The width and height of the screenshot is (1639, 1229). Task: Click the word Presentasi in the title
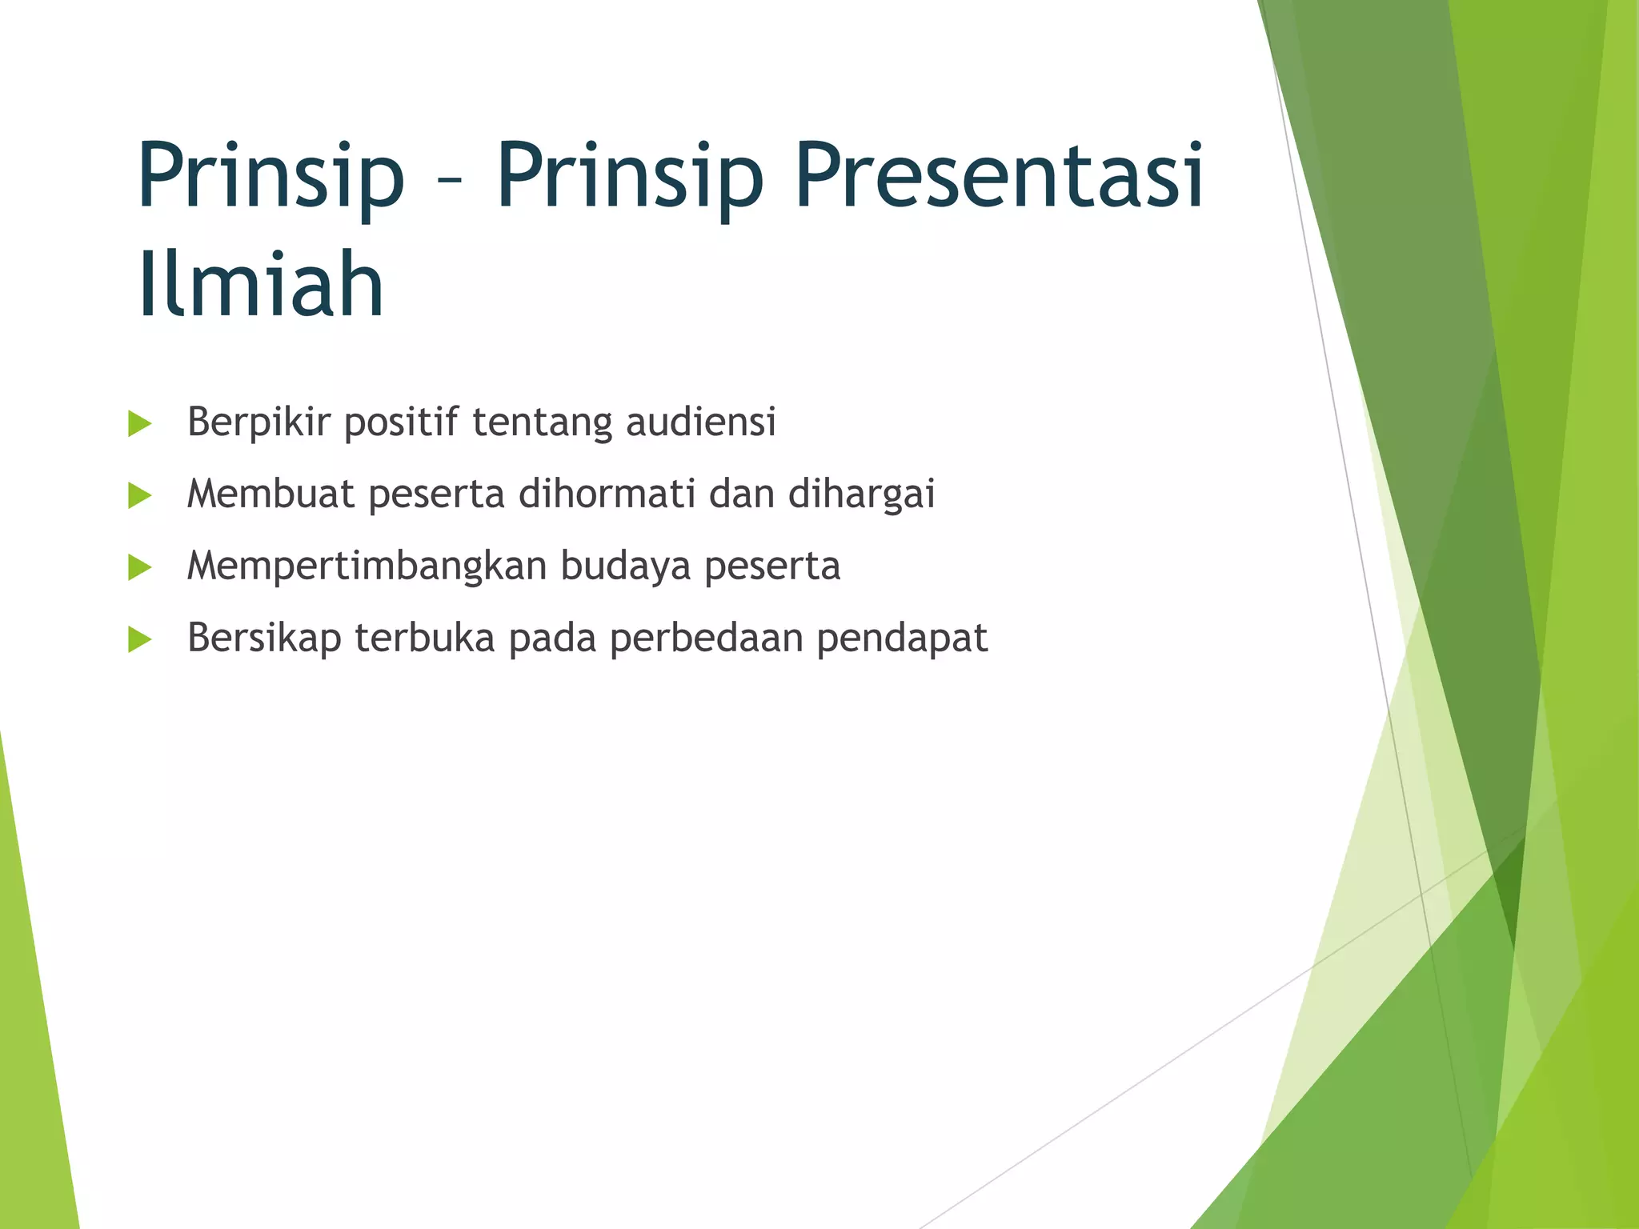point(999,178)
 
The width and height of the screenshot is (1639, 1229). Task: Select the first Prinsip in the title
point(270,178)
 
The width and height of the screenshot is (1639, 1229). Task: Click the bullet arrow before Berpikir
point(139,424)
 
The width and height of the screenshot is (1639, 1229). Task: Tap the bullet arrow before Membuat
point(139,496)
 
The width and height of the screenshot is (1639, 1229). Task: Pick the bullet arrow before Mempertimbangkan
point(139,568)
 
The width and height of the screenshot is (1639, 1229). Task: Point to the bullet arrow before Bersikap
point(139,639)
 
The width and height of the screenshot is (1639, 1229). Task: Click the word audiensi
point(700,422)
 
